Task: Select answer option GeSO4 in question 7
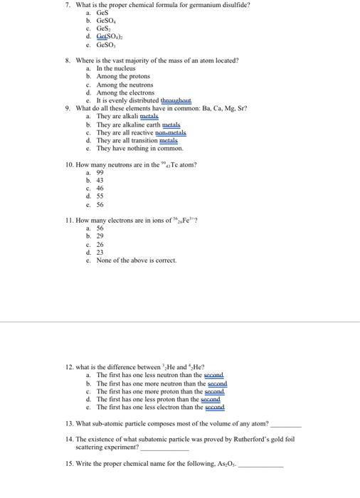(x=107, y=21)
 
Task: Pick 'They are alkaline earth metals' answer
(x=140, y=124)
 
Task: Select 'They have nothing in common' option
(x=139, y=149)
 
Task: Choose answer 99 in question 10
(x=100, y=173)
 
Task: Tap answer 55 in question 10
(x=100, y=196)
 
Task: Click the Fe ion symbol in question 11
(x=190, y=221)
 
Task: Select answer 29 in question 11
(x=100, y=236)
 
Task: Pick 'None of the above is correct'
(x=137, y=260)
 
